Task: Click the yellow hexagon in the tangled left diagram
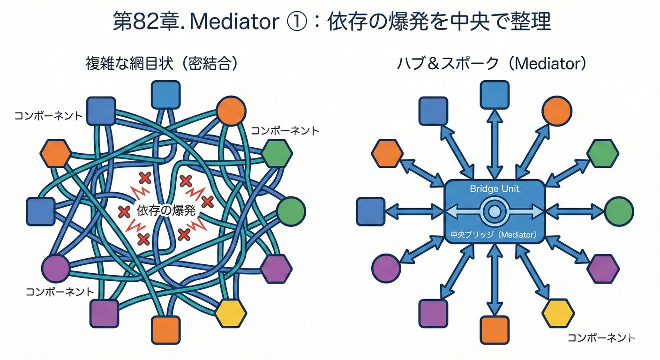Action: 231,312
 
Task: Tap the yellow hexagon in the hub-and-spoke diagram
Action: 558,312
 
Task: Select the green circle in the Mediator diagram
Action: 619,211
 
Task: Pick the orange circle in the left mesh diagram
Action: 231,111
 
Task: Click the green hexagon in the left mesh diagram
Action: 277,153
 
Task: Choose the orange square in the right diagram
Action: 495,330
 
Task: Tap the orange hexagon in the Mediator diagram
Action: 387,153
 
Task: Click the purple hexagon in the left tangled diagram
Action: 276,269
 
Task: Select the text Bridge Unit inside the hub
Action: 495,188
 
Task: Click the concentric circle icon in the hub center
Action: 495,212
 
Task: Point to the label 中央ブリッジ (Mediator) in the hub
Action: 495,235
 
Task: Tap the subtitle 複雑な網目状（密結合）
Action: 161,63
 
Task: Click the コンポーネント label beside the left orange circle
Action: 285,131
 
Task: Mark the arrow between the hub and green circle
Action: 574,212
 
